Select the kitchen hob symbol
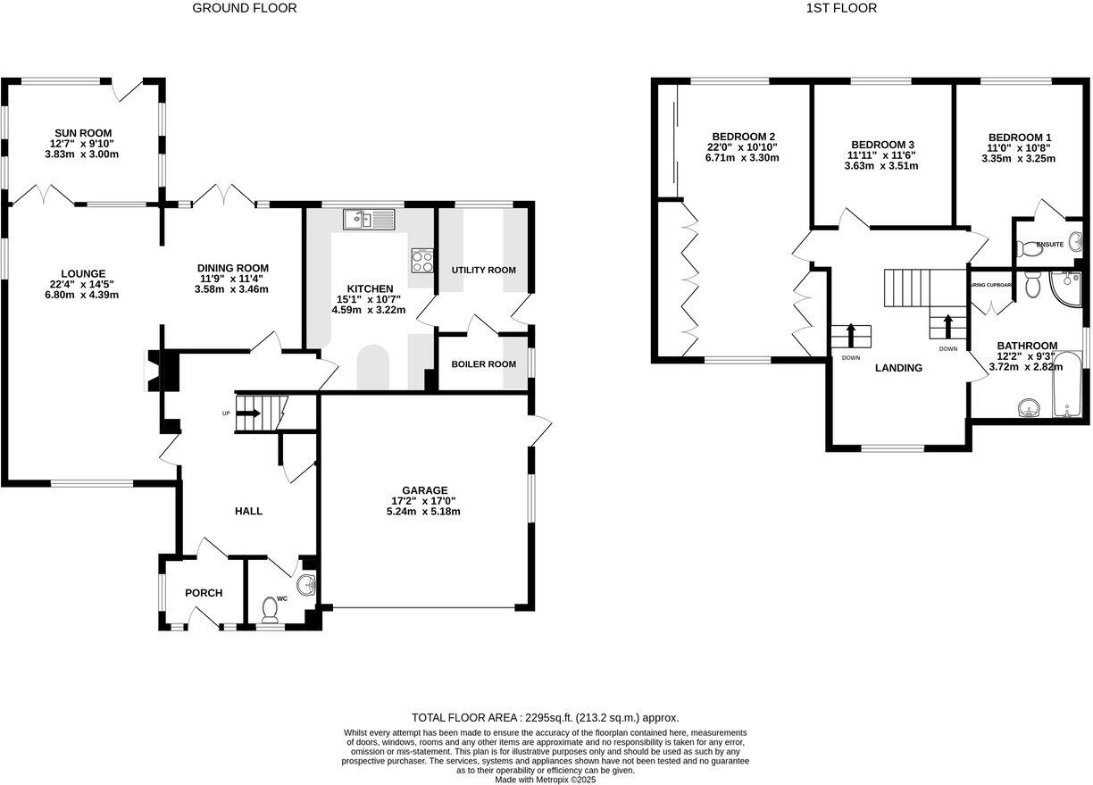click(421, 260)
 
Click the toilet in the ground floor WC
click(270, 608)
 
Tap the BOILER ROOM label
click(483, 364)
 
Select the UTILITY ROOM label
click(483, 270)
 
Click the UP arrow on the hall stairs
click(249, 413)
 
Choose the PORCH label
click(204, 593)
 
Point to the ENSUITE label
click(1049, 244)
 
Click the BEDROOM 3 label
click(882, 145)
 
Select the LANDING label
click(898, 368)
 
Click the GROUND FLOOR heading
click(245, 8)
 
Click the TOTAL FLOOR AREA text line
click(545, 717)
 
